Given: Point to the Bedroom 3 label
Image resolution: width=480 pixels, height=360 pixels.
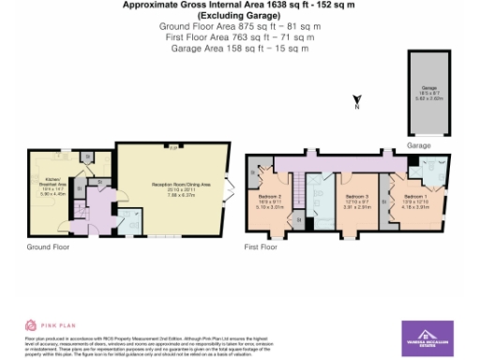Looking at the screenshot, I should (352, 199).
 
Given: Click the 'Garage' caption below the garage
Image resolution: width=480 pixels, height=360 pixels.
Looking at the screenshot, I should (418, 146).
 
